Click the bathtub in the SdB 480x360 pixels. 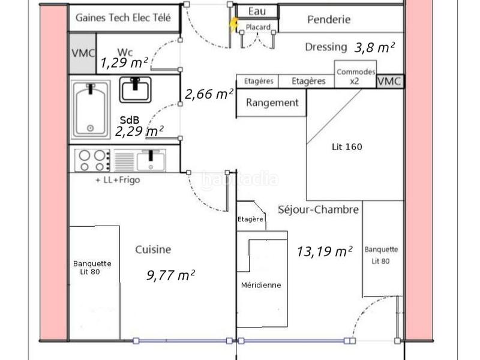[x=91, y=109]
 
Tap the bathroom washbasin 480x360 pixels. [x=135, y=89]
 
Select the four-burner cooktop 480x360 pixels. [x=92, y=160]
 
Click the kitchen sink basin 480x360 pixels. [x=151, y=161]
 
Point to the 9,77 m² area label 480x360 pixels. [x=170, y=275]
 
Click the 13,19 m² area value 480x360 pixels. [x=325, y=251]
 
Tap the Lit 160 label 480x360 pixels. [x=347, y=147]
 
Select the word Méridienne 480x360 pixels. [x=261, y=285]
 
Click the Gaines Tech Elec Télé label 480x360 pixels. [x=123, y=18]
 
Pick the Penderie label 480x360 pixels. [x=329, y=20]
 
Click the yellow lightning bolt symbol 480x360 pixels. [x=235, y=25]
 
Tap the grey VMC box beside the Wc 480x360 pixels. [x=83, y=53]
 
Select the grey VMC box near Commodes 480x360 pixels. [x=389, y=82]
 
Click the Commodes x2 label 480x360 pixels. [x=356, y=77]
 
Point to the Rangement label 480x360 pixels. [x=272, y=103]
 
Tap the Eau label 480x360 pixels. [x=257, y=11]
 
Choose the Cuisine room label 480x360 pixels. [x=153, y=250]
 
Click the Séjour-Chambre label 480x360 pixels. [x=319, y=209]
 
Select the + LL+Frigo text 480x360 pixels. [x=118, y=180]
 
